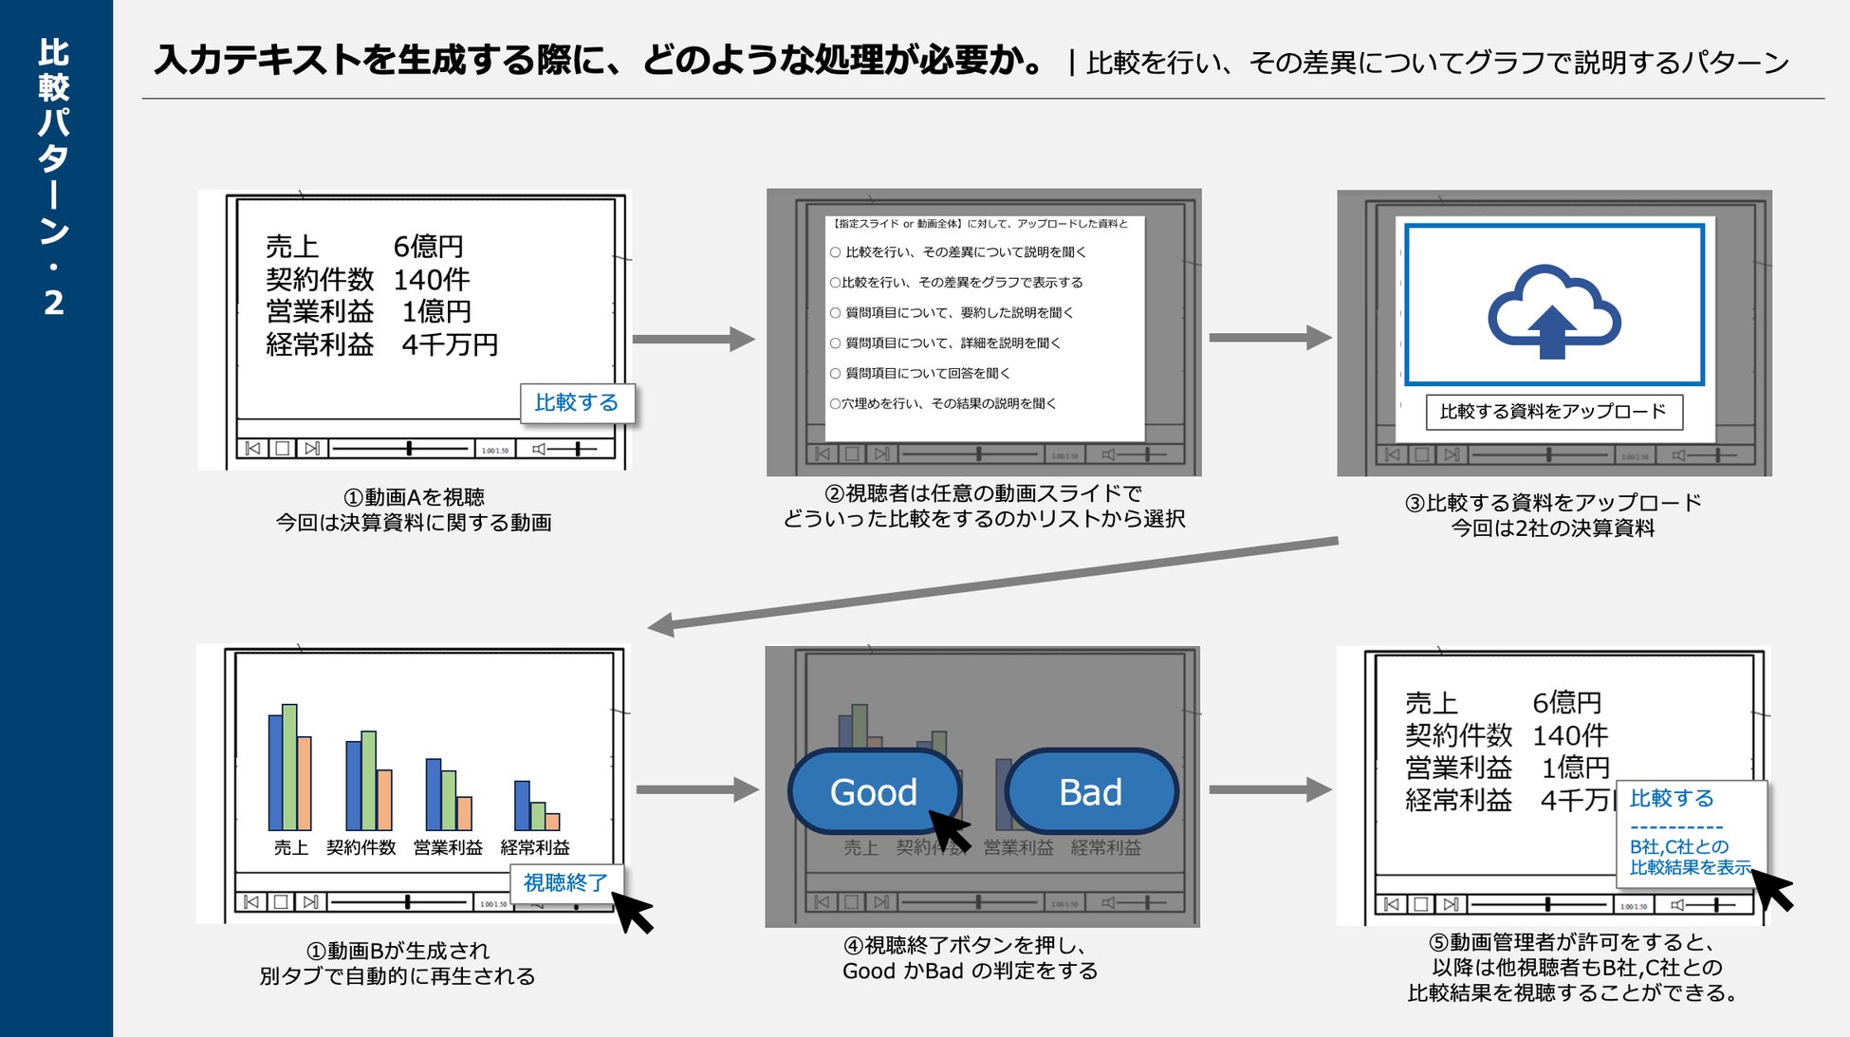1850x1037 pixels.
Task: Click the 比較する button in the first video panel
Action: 577,402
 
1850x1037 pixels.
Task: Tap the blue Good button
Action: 873,791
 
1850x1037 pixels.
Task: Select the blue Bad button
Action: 1090,791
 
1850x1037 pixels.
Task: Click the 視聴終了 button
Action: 565,882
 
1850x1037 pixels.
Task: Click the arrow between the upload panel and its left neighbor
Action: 1269,338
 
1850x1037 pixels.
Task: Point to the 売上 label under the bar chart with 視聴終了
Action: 290,847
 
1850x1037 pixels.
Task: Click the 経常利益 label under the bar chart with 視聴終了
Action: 535,847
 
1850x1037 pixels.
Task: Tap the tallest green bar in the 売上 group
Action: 289,767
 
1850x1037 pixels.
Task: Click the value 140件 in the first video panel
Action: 432,280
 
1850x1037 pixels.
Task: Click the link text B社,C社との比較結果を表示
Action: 1689,857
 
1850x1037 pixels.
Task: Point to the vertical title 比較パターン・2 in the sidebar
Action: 54,176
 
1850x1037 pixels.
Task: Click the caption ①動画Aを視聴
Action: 414,497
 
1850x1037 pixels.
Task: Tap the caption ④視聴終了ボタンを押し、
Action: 966,945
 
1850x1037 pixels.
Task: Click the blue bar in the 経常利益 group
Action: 522,805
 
